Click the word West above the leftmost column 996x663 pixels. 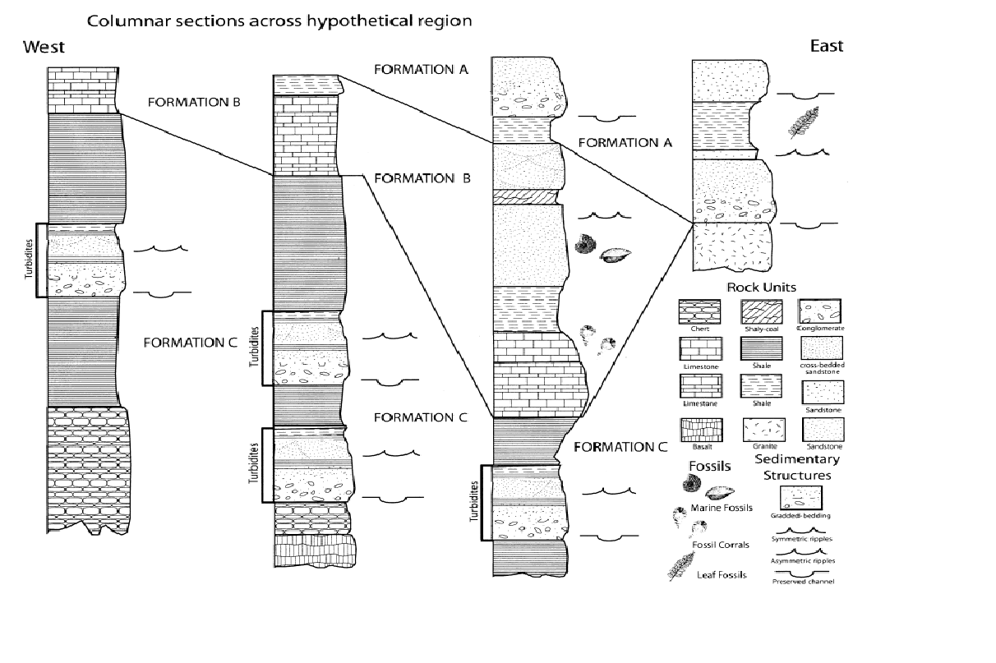click(x=43, y=47)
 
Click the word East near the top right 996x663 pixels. click(x=825, y=46)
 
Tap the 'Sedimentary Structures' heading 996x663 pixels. click(x=796, y=467)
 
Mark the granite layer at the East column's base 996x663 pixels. click(x=731, y=246)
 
